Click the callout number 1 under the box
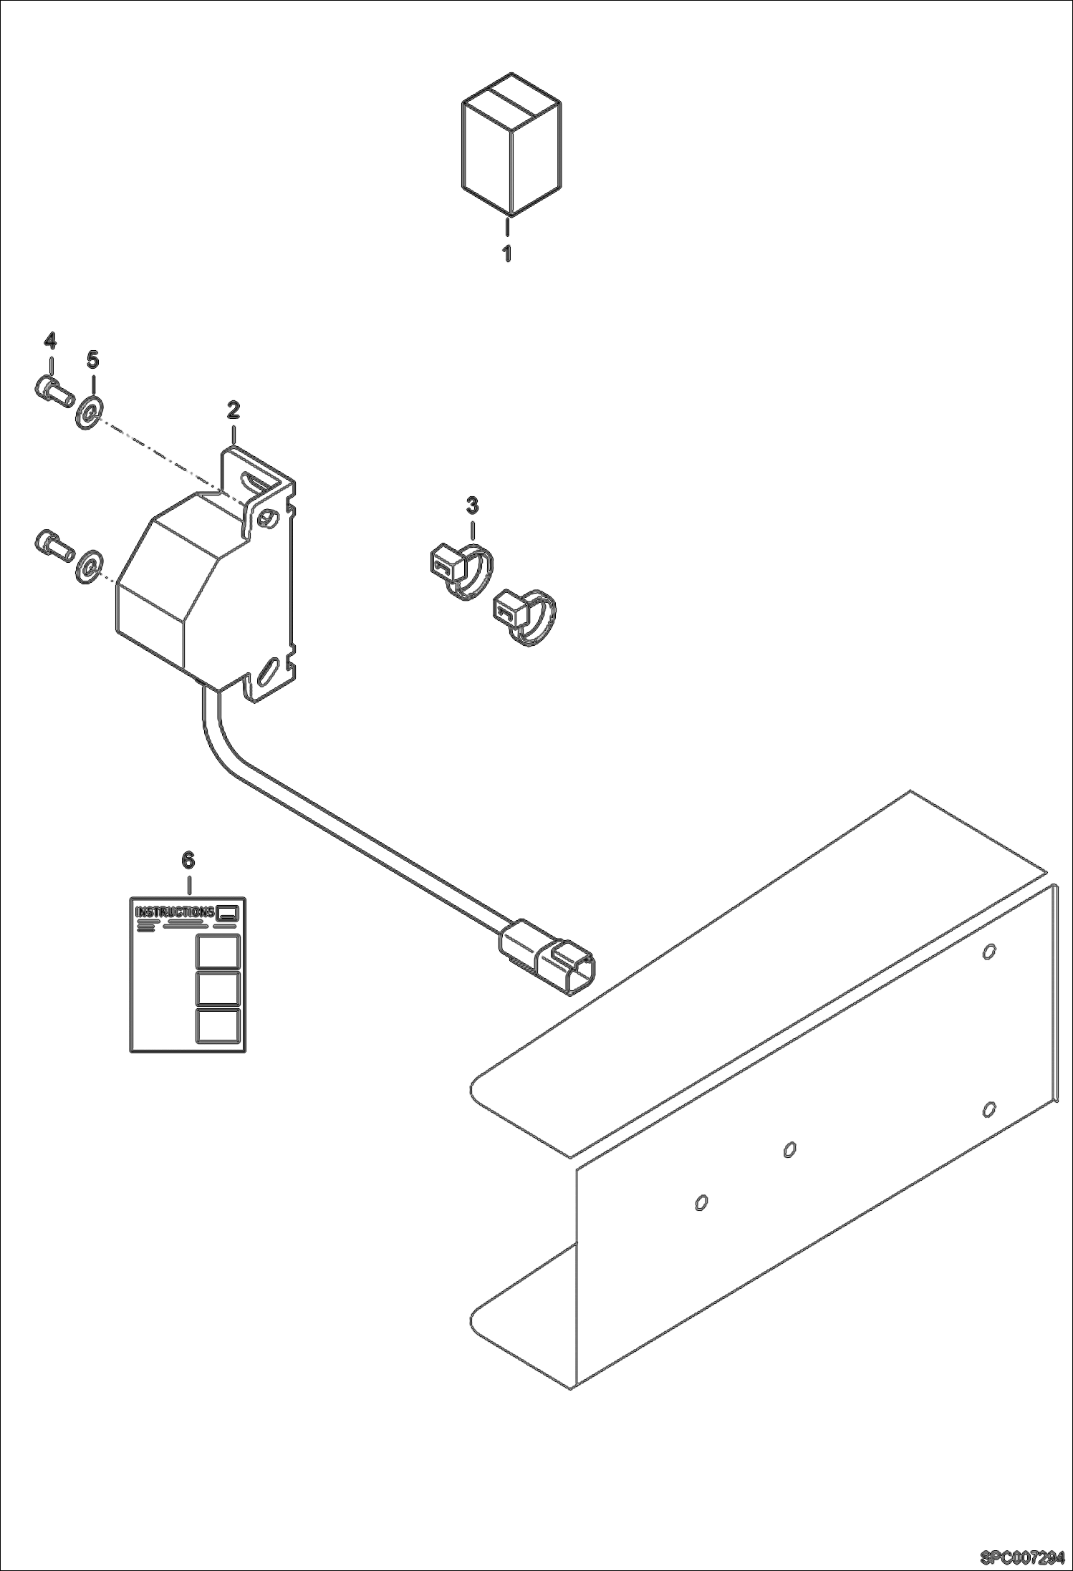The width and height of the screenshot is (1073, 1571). (x=506, y=253)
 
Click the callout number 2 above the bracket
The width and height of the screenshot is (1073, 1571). (x=234, y=410)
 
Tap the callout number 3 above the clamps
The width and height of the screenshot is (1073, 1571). (x=472, y=506)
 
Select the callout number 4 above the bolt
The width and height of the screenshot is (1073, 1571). (x=50, y=340)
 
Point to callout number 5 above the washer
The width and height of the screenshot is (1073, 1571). (x=92, y=359)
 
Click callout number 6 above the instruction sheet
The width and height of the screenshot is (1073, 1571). (x=188, y=860)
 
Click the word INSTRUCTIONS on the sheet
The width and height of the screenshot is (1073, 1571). (x=175, y=912)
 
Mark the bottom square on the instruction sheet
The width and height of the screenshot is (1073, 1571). (x=218, y=1024)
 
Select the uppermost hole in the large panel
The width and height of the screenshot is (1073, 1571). (x=988, y=952)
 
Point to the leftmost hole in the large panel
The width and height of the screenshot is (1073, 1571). (x=702, y=1202)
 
